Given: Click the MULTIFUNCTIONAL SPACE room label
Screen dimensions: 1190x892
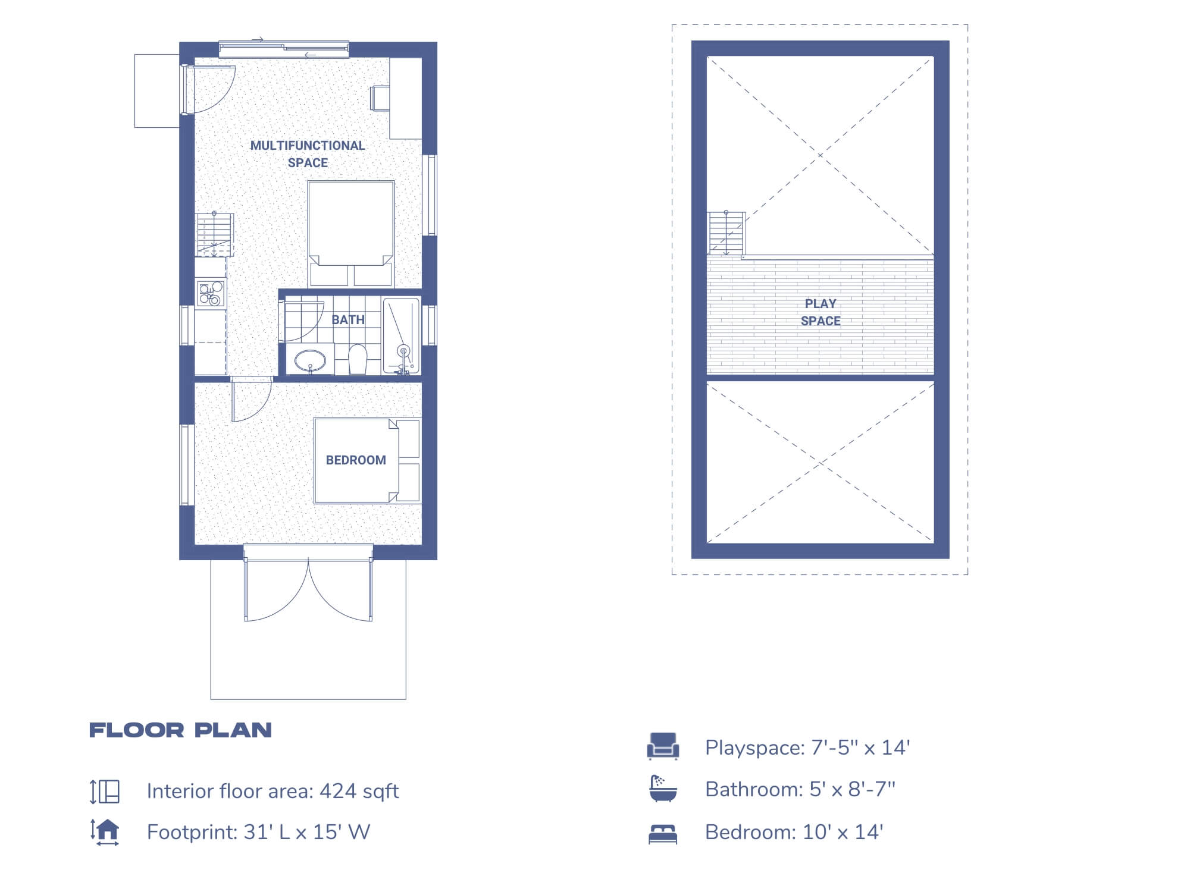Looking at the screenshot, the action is (x=308, y=154).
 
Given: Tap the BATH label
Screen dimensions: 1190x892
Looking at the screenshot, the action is (x=348, y=320).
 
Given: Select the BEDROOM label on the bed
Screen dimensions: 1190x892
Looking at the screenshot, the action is (x=356, y=460).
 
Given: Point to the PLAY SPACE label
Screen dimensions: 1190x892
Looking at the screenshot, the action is (x=821, y=312).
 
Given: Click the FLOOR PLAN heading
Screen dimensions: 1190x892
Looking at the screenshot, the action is (x=180, y=730).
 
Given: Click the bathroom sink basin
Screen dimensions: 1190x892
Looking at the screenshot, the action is (x=310, y=360).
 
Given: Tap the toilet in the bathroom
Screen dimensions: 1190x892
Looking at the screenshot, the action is (x=357, y=359).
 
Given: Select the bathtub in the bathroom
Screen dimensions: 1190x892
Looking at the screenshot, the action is (x=401, y=336).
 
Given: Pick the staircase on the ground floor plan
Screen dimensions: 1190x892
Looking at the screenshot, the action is (x=214, y=234).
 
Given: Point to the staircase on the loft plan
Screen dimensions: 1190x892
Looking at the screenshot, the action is (x=726, y=233).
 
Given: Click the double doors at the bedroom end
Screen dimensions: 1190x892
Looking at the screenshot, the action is (x=308, y=589).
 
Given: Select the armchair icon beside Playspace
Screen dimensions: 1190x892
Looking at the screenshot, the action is (x=663, y=746).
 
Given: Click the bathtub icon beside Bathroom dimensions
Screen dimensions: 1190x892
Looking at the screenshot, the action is (x=663, y=789).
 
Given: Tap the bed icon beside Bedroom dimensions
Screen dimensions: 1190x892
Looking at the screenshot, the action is (x=663, y=834).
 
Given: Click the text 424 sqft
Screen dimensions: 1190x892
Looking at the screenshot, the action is (x=359, y=792).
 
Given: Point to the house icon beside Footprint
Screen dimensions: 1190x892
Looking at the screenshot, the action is (x=105, y=831).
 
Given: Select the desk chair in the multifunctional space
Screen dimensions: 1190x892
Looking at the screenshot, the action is (x=380, y=98).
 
